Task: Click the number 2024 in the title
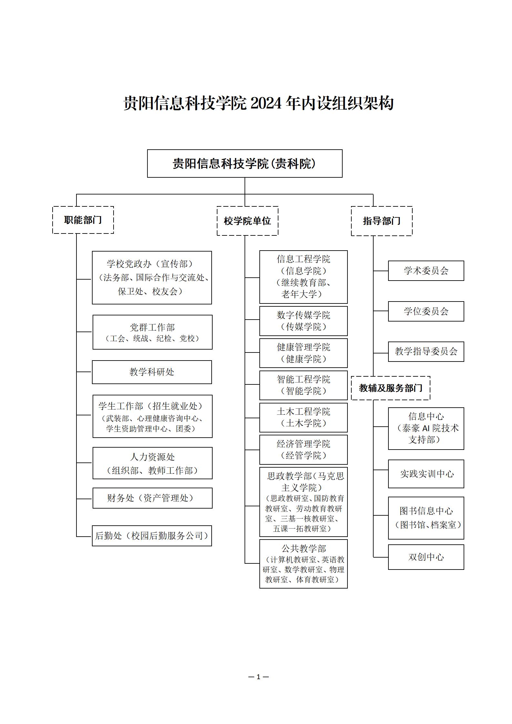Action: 266,104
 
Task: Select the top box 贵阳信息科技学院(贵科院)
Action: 245,164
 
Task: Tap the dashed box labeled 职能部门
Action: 83,220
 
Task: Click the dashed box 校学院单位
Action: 247,221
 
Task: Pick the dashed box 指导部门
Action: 382,221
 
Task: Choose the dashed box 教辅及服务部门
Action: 391,388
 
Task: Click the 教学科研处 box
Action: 152,372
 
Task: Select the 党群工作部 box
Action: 152,332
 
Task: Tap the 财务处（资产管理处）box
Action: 152,498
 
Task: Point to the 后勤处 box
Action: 152,536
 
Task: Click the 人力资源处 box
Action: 152,463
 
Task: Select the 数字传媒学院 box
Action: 303,321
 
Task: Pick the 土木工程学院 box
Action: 303,417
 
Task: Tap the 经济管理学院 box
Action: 303,450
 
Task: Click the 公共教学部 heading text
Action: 304,549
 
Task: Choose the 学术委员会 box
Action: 426,271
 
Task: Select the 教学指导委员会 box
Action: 426,352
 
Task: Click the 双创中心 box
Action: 426,557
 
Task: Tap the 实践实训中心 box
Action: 426,474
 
